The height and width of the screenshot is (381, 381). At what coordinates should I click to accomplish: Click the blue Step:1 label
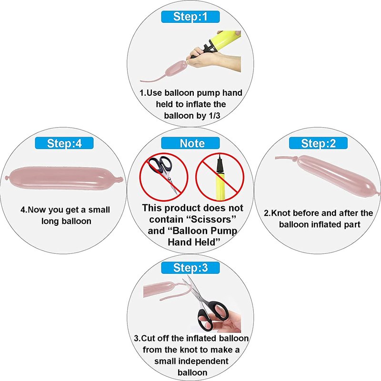[190, 17]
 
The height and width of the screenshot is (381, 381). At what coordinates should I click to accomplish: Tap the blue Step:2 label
[318, 143]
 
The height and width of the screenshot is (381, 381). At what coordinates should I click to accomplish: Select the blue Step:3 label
[190, 268]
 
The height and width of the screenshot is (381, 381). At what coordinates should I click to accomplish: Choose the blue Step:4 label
[64, 143]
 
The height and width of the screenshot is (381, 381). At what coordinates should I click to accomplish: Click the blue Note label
[190, 143]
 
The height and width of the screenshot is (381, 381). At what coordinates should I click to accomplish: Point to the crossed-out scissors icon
[164, 177]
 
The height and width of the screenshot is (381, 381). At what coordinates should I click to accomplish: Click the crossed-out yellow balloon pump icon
[220, 177]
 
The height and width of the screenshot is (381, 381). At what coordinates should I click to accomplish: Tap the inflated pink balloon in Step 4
[64, 178]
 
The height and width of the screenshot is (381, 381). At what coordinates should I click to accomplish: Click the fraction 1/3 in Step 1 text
[214, 116]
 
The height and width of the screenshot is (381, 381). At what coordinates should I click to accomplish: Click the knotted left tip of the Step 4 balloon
[7, 178]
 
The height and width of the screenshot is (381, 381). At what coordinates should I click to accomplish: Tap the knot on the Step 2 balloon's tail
[294, 159]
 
